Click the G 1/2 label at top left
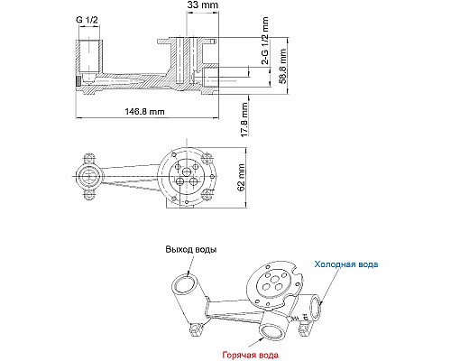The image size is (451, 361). tap(87, 20)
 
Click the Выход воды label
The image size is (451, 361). tap(190, 248)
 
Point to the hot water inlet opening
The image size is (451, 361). tap(270, 329)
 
